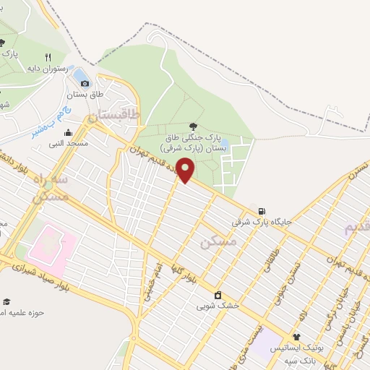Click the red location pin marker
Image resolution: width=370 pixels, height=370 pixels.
186,170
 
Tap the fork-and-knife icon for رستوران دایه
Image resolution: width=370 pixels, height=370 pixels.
48,57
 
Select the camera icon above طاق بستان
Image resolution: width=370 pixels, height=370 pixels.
85,83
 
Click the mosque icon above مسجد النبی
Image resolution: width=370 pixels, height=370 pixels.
68,132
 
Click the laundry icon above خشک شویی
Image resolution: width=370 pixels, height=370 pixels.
218,295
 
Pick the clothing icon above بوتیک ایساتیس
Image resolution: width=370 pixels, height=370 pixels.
296,337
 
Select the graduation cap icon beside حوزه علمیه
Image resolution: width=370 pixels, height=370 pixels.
7,301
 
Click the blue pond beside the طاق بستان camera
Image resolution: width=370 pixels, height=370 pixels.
81,74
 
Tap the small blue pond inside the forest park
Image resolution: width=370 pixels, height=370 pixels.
225,143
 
